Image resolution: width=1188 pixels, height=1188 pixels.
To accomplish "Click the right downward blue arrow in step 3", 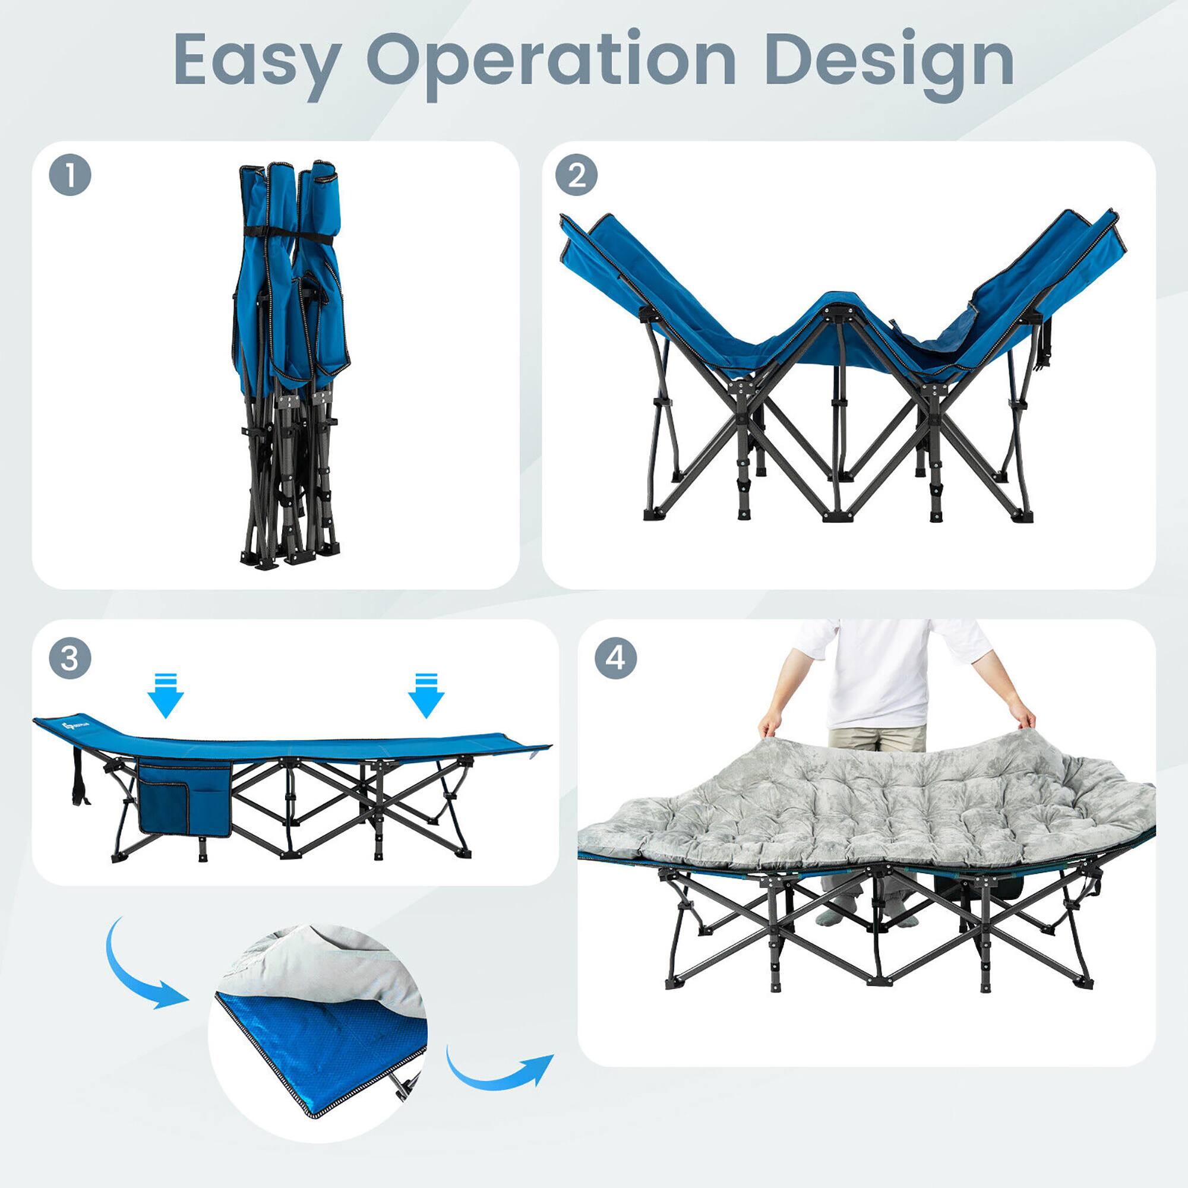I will tap(425, 696).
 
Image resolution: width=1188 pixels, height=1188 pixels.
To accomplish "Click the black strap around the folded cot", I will tap(289, 233).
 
